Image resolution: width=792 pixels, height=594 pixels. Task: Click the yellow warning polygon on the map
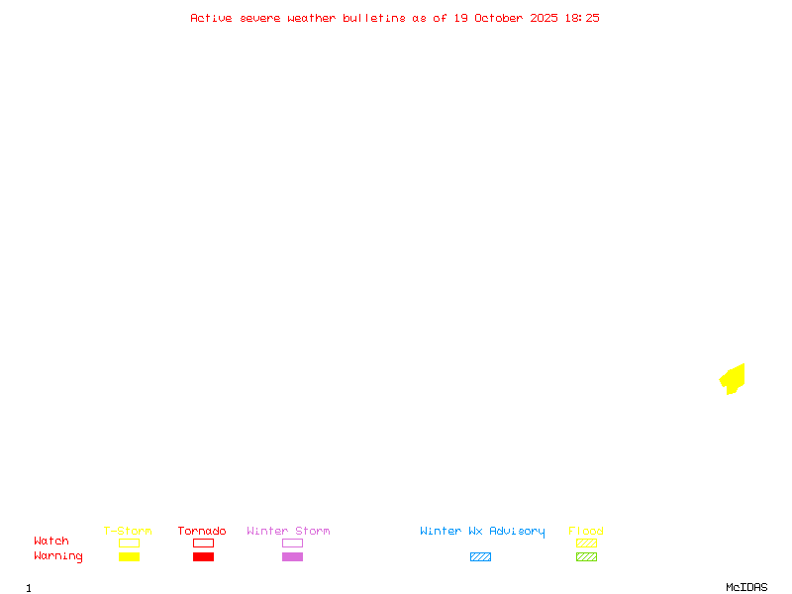(734, 378)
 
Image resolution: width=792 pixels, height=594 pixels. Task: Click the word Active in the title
(211, 18)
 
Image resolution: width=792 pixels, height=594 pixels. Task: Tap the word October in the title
(505, 18)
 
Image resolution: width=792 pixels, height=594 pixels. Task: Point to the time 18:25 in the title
(582, 18)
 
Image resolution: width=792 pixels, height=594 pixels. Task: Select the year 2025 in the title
(543, 18)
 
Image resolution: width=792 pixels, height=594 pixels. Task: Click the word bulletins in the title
(374, 18)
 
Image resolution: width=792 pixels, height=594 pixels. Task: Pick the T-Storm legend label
(128, 532)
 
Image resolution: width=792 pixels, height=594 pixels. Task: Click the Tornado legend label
(202, 532)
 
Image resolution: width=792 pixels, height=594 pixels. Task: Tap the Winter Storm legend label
(288, 532)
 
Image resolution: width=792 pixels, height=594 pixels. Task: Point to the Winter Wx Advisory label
(482, 532)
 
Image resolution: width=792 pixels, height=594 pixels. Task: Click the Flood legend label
(586, 532)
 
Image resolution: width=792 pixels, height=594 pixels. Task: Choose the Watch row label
(51, 542)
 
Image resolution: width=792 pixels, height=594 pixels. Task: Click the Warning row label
(58, 556)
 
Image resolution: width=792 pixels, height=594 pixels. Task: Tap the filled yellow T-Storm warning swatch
(129, 556)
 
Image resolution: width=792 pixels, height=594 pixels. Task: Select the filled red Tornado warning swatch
(203, 556)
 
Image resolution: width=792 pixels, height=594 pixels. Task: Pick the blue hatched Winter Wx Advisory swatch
(480, 556)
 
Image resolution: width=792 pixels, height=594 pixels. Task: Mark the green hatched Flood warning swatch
(586, 556)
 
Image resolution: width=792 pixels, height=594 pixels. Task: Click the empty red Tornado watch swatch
(203, 543)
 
